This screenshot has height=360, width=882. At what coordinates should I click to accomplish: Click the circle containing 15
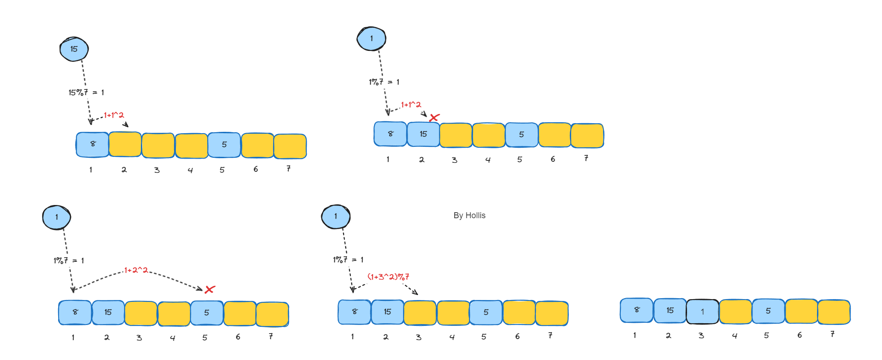tap(74, 49)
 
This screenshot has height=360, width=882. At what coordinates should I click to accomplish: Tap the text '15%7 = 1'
tap(86, 92)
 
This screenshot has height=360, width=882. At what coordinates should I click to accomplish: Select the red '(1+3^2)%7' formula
tap(388, 276)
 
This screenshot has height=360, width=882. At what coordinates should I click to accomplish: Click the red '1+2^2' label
tap(136, 270)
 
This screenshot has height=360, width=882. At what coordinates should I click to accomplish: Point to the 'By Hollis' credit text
tap(469, 215)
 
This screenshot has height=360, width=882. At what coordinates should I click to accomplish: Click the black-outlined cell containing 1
tap(703, 311)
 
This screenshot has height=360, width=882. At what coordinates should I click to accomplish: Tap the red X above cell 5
tap(209, 290)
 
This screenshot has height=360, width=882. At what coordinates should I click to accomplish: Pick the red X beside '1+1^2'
tap(434, 118)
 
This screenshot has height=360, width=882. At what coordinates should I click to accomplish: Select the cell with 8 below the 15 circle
tap(93, 145)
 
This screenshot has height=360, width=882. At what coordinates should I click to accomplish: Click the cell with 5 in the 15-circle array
tap(224, 145)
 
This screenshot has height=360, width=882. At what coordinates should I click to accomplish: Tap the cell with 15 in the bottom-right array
tap(670, 310)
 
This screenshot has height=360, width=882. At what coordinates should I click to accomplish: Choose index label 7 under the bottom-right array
tap(832, 334)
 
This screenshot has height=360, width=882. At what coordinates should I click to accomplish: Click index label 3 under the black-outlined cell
tap(701, 335)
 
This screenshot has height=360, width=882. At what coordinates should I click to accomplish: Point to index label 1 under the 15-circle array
tap(90, 170)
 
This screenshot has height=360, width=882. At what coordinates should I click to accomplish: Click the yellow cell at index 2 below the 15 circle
tap(125, 145)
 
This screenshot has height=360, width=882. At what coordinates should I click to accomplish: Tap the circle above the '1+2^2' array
tap(56, 217)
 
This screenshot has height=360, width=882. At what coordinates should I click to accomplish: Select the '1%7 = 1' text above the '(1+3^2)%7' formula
tap(348, 260)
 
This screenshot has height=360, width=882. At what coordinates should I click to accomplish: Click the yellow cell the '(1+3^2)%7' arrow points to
tap(420, 312)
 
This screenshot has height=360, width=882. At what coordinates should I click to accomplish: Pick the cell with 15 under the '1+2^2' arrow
tap(108, 312)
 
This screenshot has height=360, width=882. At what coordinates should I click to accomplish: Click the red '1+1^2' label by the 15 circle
tap(114, 115)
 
